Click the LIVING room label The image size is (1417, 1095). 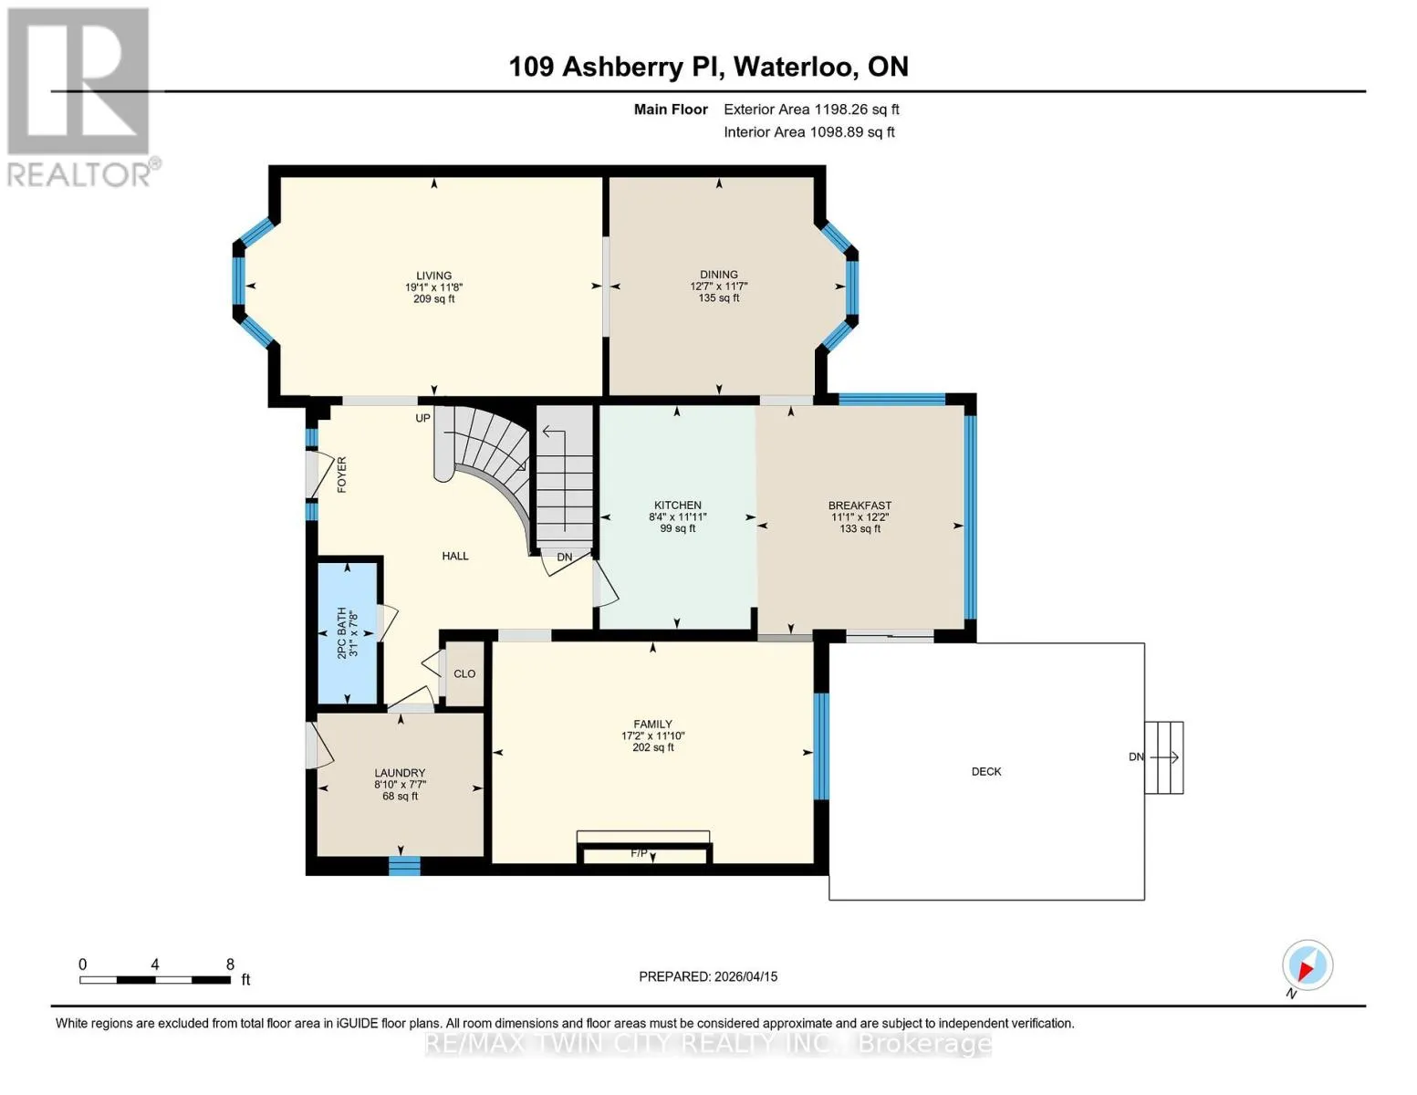coord(433,276)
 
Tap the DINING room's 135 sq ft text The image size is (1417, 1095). coord(719,298)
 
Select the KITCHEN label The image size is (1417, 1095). coord(678,505)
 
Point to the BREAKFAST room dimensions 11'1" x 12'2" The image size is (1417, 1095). coord(860,516)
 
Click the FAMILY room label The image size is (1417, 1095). coord(652,724)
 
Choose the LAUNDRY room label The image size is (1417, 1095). coord(400,773)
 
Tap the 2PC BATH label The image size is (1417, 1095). coord(341,632)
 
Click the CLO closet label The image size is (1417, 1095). coord(464,673)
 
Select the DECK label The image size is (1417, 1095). coord(986,772)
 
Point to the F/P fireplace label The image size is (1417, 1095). coord(639,853)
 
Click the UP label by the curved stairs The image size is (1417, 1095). coord(422,418)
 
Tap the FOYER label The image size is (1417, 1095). coord(341,474)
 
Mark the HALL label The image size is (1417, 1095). coord(455,556)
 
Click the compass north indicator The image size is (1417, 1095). coord(1308,965)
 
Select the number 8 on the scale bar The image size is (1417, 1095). coord(230,964)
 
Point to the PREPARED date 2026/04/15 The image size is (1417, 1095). coord(746,976)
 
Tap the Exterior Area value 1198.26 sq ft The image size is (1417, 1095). coord(854,109)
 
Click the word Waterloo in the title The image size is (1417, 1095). coord(793,67)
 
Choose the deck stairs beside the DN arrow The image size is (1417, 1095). coord(1164,757)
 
